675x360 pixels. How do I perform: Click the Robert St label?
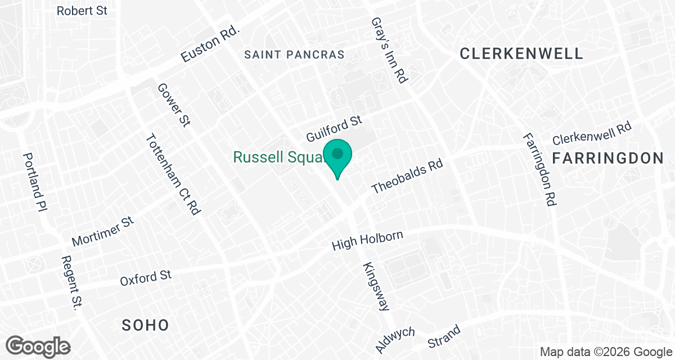click(82, 11)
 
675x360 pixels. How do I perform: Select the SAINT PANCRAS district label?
click(295, 55)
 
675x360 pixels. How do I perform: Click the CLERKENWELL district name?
click(521, 53)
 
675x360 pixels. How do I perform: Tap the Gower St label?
click(174, 105)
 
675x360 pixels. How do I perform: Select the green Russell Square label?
click(278, 157)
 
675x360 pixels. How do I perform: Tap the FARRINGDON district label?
click(608, 158)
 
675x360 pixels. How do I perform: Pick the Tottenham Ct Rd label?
click(173, 174)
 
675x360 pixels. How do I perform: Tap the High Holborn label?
click(367, 241)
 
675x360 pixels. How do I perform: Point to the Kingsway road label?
click(376, 287)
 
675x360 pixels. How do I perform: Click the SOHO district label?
click(146, 325)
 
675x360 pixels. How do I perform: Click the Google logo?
click(39, 345)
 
